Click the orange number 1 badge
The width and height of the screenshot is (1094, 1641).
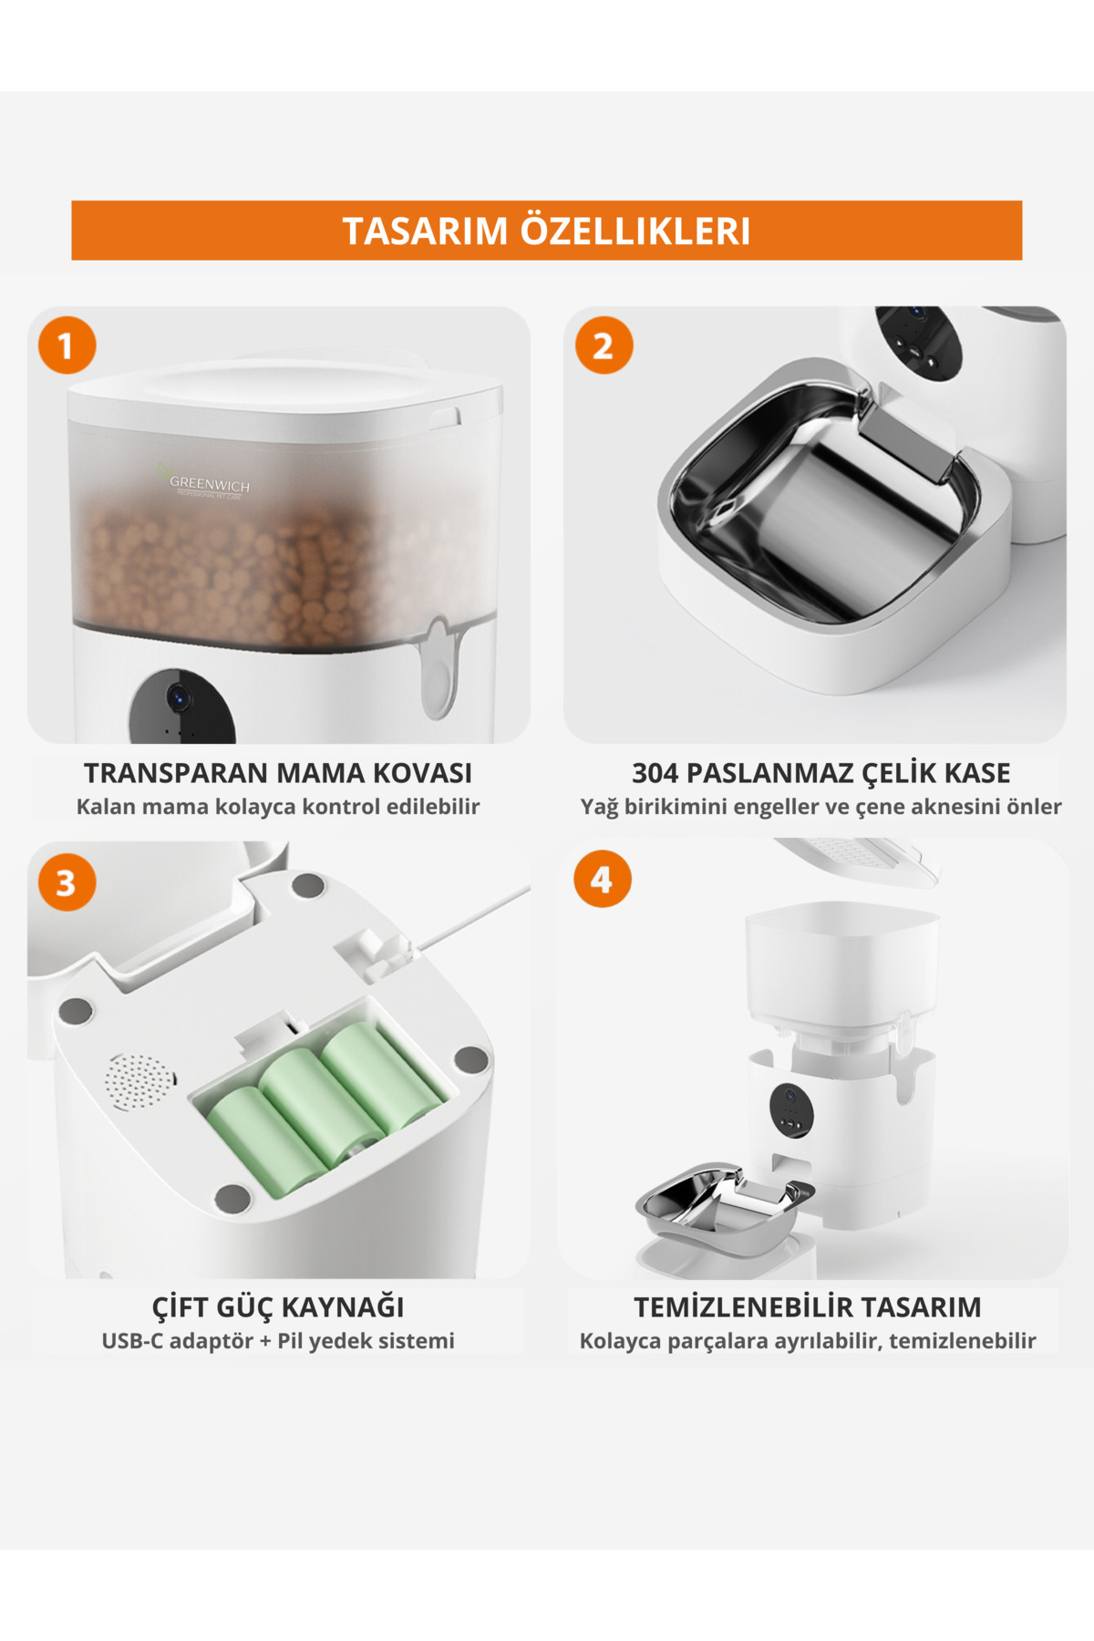67,346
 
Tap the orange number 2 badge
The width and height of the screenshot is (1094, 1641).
604,346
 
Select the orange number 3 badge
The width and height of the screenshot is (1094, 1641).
67,882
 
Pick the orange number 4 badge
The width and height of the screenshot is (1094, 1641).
602,879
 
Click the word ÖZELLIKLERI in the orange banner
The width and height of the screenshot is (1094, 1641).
635,231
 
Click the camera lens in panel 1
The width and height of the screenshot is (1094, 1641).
178,698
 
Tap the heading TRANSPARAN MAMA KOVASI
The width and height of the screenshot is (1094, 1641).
278,773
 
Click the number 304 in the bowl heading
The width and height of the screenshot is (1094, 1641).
655,773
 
